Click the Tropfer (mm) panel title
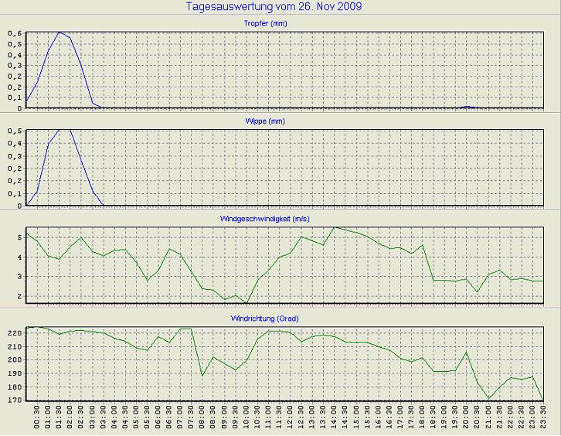point(280,24)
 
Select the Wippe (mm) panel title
point(280,122)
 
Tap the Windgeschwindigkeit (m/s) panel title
point(280,219)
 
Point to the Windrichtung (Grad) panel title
point(280,318)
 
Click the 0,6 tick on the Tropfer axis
point(15,33)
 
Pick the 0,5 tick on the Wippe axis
point(15,131)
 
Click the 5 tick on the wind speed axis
point(20,237)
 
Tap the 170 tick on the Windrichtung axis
point(14,400)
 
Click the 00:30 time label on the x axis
point(37,421)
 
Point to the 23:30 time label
point(544,421)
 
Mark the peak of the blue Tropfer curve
point(59,32)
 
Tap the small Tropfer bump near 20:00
point(466,107)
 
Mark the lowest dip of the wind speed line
point(246,302)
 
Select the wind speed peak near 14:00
point(334,227)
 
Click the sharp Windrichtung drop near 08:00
point(202,376)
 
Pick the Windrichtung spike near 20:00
point(466,353)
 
